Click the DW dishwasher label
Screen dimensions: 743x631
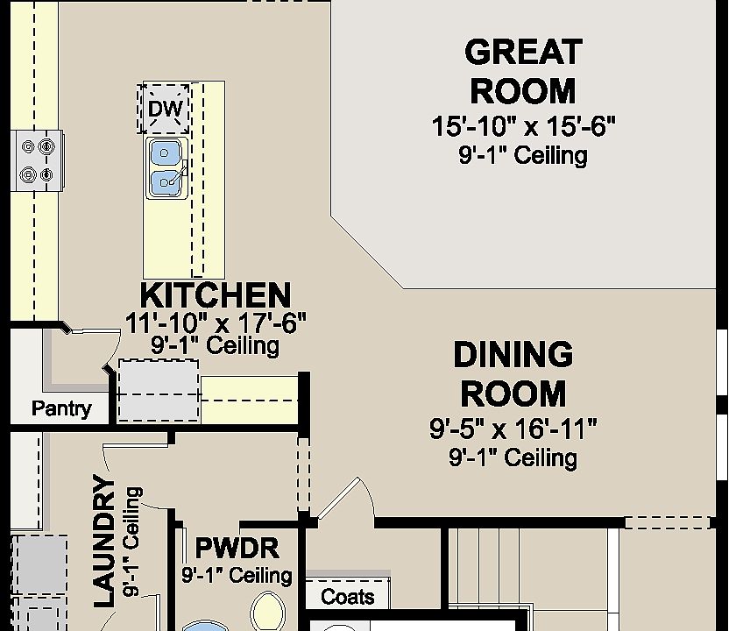point(165,109)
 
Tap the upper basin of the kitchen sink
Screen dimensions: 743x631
point(165,153)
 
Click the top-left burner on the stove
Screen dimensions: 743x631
point(28,147)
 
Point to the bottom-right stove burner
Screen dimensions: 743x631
point(46,175)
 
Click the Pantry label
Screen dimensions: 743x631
point(61,408)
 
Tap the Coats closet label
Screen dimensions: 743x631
point(347,597)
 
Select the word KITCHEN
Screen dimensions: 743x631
point(216,295)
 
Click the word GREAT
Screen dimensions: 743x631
point(523,52)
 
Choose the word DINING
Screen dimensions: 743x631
point(513,354)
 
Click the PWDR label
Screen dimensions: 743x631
point(237,548)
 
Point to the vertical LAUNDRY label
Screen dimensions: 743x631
point(105,541)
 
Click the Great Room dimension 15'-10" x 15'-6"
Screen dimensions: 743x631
point(523,126)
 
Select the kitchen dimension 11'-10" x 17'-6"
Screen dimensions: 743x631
point(216,323)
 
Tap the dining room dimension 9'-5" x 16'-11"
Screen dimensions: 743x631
point(513,429)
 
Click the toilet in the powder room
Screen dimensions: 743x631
point(268,612)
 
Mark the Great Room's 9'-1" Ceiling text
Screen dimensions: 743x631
point(523,155)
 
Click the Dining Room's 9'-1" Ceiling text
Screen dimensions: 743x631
point(513,457)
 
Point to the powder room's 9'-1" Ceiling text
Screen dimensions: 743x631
point(237,575)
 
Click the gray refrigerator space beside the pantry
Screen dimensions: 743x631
point(159,391)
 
